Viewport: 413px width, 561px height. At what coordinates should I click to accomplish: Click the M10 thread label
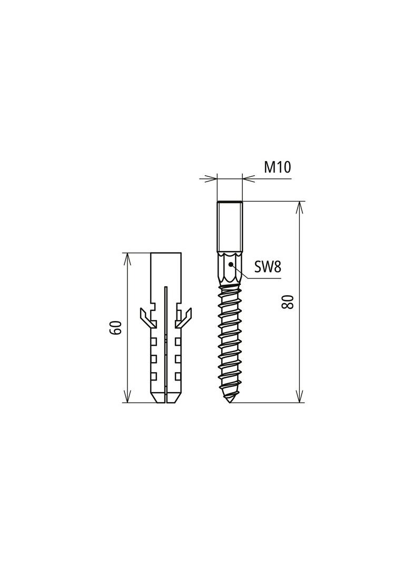[277, 167]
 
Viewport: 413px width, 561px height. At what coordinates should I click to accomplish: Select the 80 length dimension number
[288, 302]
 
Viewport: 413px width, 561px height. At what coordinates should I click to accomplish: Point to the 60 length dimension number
[116, 328]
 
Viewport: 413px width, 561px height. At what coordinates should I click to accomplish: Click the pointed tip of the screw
[230, 402]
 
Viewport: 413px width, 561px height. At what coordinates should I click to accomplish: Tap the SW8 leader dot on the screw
[231, 264]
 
